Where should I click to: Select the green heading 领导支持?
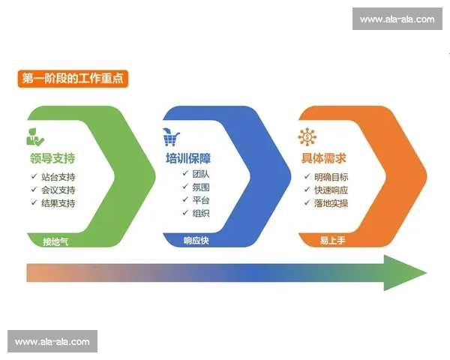tap(52, 159)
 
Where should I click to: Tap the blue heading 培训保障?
tap(187, 159)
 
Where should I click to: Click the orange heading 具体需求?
tap(323, 159)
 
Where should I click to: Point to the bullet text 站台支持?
tap(58, 178)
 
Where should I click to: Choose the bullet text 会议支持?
tap(58, 190)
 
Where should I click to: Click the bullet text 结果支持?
tap(58, 203)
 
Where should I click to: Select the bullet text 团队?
tap(201, 174)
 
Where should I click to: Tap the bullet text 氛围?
tap(201, 187)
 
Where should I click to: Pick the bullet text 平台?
tap(201, 200)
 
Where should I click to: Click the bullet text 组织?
tap(201, 214)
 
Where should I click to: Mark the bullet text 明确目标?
tap(331, 178)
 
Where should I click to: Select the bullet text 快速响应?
tap(331, 190)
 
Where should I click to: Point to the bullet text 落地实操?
tap(331, 203)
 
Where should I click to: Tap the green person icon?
tap(34, 137)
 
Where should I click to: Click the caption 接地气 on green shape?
tap(55, 241)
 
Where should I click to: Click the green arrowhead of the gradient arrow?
tap(406, 273)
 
